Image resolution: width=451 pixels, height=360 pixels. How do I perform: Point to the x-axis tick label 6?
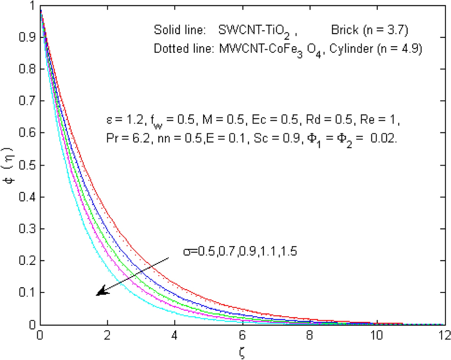coord(242,335)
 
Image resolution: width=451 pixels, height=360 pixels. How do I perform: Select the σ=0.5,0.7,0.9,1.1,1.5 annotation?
coord(240,252)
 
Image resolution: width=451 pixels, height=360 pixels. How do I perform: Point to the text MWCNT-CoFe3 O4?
coord(265,49)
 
